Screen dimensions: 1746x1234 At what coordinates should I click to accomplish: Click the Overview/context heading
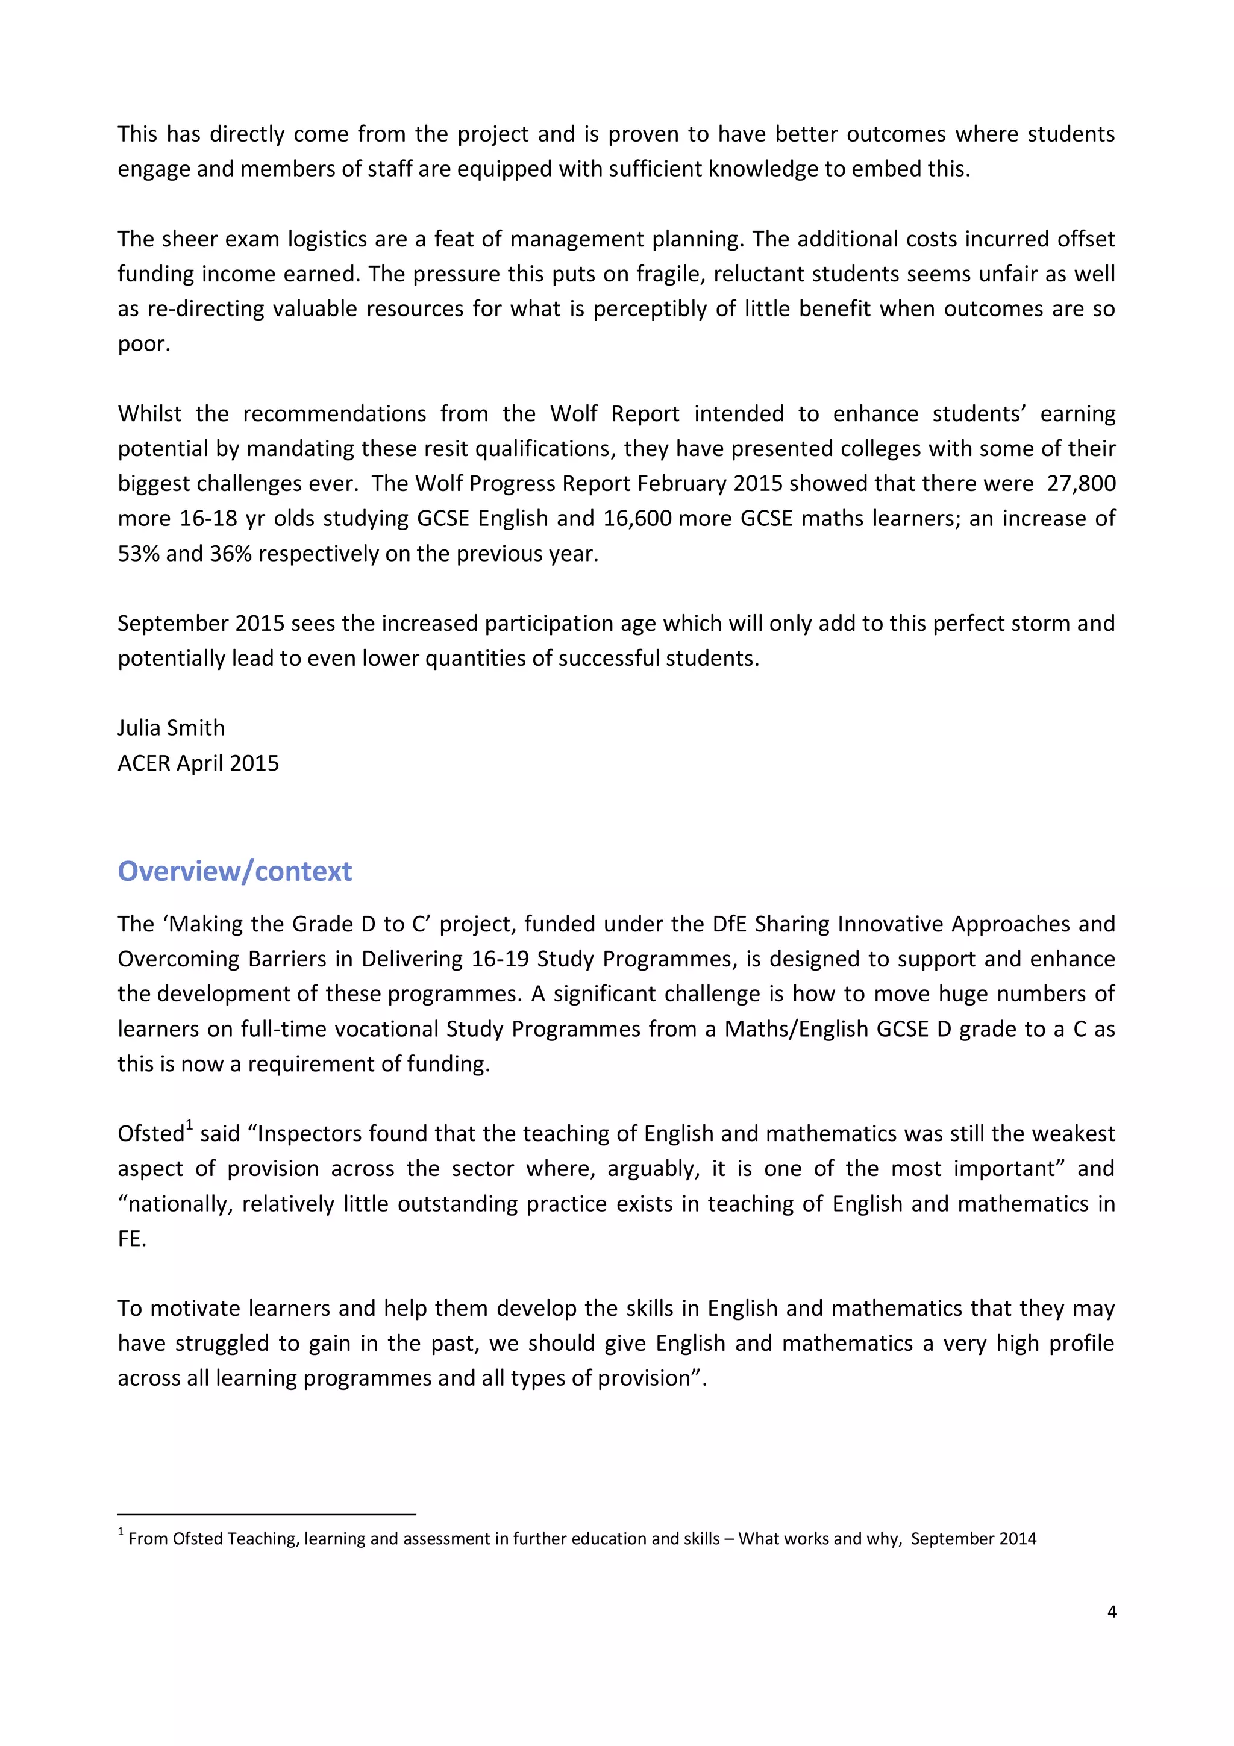(234, 871)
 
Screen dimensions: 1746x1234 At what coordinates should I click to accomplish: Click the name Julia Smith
(171, 728)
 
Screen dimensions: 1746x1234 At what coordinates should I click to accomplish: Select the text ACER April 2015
(198, 763)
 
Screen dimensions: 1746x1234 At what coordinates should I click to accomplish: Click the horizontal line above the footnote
(266, 1515)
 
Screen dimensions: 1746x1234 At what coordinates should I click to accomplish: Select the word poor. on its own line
(143, 344)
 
